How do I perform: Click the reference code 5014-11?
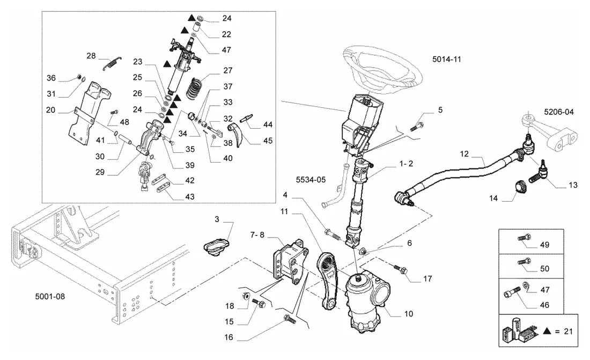(x=447, y=59)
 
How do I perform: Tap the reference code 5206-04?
(x=559, y=112)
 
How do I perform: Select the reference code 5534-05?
(x=311, y=180)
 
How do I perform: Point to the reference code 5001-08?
(x=50, y=296)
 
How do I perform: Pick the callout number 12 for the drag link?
(x=464, y=153)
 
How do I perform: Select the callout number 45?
(x=268, y=141)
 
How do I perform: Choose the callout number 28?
(x=91, y=56)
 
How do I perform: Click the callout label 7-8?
(x=257, y=234)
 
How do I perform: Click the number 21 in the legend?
(x=568, y=331)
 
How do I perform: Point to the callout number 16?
(x=229, y=337)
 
